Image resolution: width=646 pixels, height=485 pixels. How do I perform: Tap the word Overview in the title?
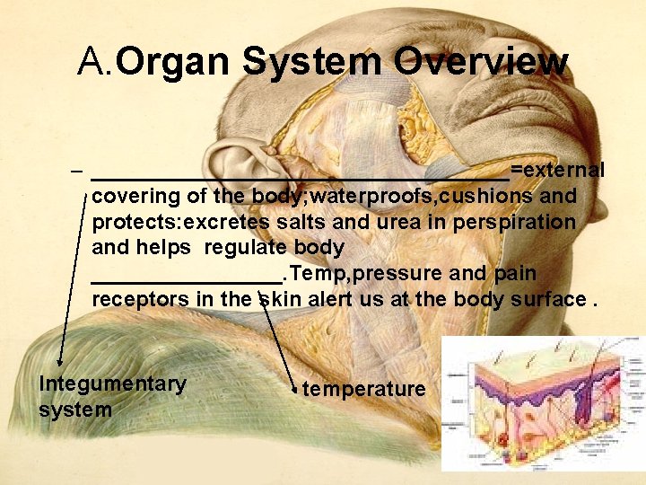click(480, 63)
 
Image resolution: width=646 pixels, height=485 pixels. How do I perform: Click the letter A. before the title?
click(95, 63)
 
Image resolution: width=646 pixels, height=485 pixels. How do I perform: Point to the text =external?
click(557, 170)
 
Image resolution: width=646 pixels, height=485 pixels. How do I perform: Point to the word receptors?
click(139, 299)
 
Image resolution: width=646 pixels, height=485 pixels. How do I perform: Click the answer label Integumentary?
click(112, 384)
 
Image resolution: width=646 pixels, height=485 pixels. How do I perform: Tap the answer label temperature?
click(363, 389)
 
